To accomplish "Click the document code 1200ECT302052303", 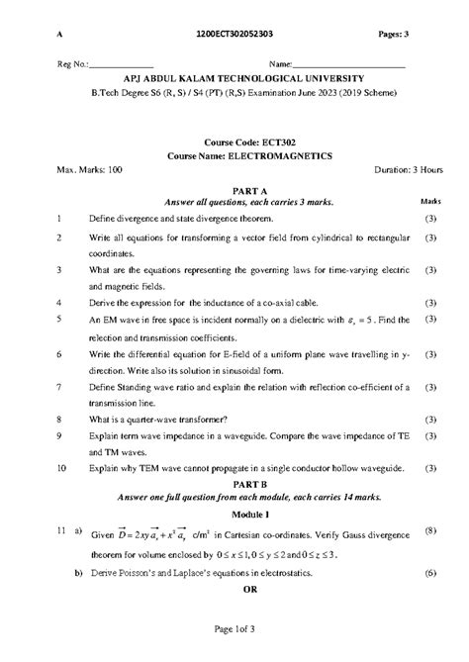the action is click(235, 35).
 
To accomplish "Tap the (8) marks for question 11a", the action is click(430, 532).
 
